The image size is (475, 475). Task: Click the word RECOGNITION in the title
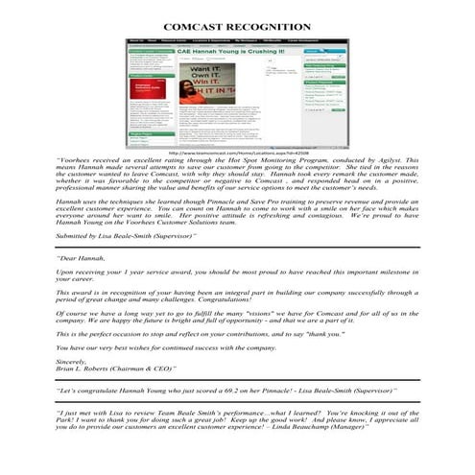coord(272,26)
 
